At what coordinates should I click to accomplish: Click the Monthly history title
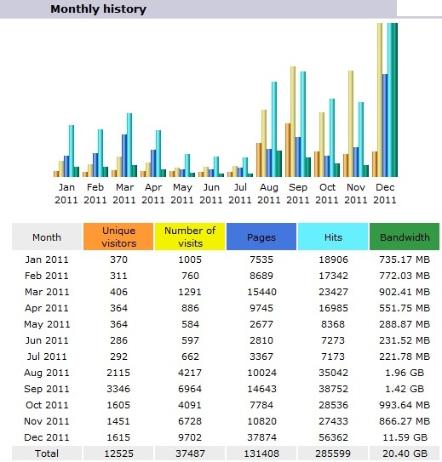[98, 9]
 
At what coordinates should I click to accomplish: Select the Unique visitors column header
[118, 237]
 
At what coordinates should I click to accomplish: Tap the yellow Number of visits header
[190, 237]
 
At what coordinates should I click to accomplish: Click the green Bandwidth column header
[405, 237]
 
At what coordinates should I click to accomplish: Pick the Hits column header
[333, 237]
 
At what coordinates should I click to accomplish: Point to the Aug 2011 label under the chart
[268, 194]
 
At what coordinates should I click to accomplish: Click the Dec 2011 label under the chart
[384, 194]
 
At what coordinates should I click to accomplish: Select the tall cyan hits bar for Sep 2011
[303, 124]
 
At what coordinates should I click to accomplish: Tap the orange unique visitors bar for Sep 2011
[288, 150]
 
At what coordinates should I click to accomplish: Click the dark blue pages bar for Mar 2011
[124, 156]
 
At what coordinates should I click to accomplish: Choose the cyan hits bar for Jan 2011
[72, 151]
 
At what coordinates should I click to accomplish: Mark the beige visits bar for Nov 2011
[351, 123]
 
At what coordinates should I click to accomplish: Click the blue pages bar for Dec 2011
[385, 126]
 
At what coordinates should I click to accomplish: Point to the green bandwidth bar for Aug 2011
[279, 164]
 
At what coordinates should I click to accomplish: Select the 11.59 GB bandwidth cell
[405, 437]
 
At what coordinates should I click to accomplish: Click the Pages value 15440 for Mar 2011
[261, 292]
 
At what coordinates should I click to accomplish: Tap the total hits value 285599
[333, 453]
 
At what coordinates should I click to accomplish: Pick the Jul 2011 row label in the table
[47, 356]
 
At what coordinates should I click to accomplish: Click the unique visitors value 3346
[118, 389]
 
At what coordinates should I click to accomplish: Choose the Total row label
[47, 453]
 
